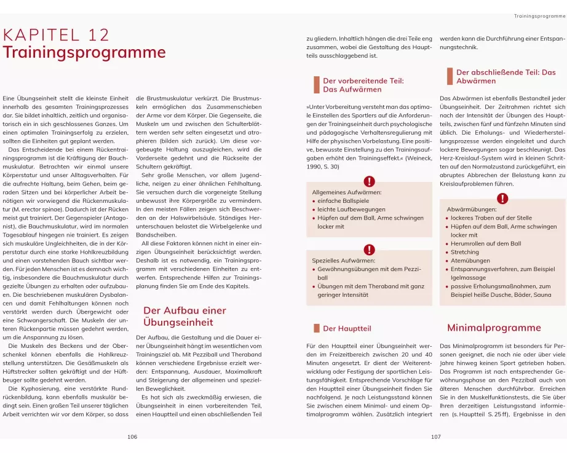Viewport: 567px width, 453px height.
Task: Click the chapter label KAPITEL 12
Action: (56, 34)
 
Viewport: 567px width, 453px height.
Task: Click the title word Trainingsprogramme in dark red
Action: (76, 52)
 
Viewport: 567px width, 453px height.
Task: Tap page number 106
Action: (132, 437)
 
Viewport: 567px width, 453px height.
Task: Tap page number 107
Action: (435, 437)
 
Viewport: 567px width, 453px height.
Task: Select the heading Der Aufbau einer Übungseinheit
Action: (184, 316)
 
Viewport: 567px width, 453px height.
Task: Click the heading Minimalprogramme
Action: (494, 328)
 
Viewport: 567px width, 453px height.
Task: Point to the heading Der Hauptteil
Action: (347, 329)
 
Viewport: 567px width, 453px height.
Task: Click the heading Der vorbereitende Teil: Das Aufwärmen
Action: (363, 85)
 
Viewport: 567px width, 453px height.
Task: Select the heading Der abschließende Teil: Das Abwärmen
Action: (506, 76)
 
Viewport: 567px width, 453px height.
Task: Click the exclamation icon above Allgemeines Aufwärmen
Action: (369, 181)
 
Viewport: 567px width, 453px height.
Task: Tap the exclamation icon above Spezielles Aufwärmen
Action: (369, 250)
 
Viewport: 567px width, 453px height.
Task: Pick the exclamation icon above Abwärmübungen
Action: (502, 198)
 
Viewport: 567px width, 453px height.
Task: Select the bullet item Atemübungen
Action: (470, 261)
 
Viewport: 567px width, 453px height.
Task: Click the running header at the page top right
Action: (539, 15)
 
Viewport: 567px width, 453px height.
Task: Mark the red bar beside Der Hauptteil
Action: (316, 328)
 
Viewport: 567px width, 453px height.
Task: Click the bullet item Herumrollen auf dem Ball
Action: (485, 243)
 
